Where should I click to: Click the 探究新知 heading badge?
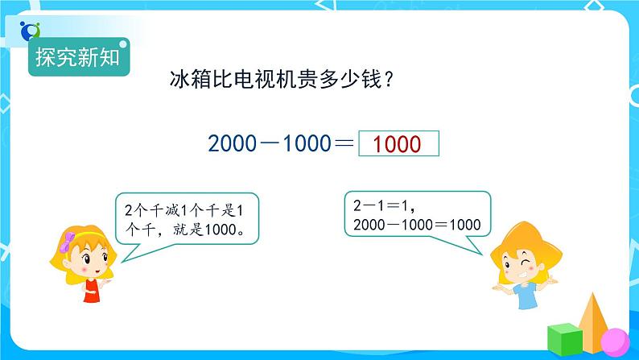78,57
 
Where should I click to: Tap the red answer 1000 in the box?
398,144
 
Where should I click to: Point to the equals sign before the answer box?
344,144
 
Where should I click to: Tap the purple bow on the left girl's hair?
71,238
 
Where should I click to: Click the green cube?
564,339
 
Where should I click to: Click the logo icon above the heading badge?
31,30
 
